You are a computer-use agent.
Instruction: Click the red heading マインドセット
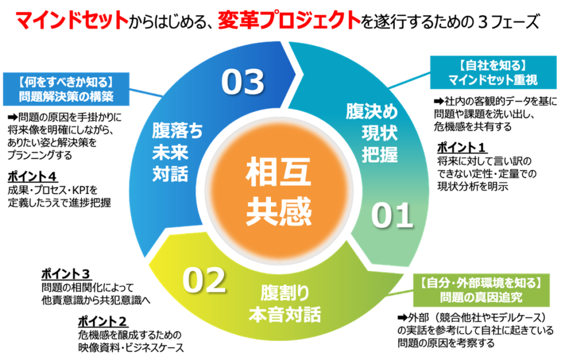click(x=71, y=20)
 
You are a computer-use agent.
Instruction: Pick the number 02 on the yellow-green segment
click(x=204, y=281)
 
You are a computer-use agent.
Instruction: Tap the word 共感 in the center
click(x=279, y=211)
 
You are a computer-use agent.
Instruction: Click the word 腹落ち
click(x=178, y=131)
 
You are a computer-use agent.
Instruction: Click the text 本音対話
click(x=285, y=315)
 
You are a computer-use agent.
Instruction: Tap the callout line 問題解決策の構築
click(x=66, y=98)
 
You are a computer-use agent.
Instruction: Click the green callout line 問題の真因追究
click(x=481, y=297)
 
